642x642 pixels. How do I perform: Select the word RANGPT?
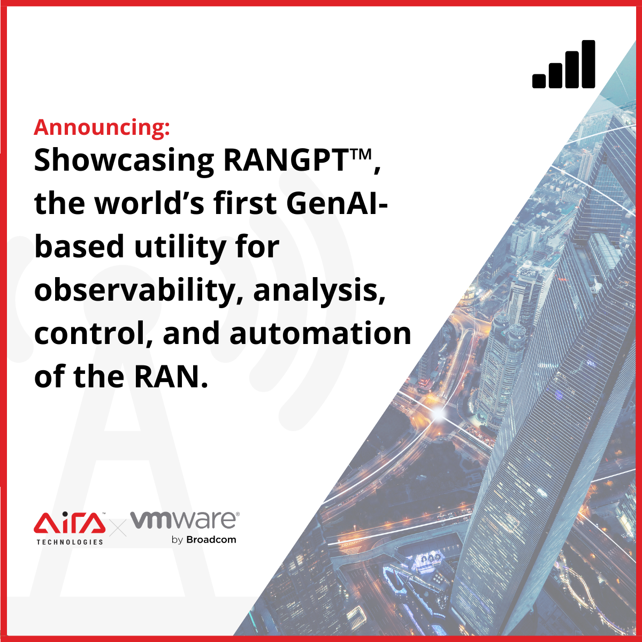[x=286, y=160]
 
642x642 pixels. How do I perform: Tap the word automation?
[x=320, y=333]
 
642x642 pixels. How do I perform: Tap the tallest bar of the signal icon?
[x=588, y=64]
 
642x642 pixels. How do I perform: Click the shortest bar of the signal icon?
[x=539, y=81]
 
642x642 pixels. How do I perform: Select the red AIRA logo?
[x=70, y=522]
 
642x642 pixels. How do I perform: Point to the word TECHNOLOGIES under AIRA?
[x=70, y=542]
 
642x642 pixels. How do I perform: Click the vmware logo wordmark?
[x=184, y=520]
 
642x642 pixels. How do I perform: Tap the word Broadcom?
[x=211, y=540]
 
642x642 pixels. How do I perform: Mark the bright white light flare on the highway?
[x=438, y=414]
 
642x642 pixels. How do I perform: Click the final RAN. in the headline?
[x=171, y=377]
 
